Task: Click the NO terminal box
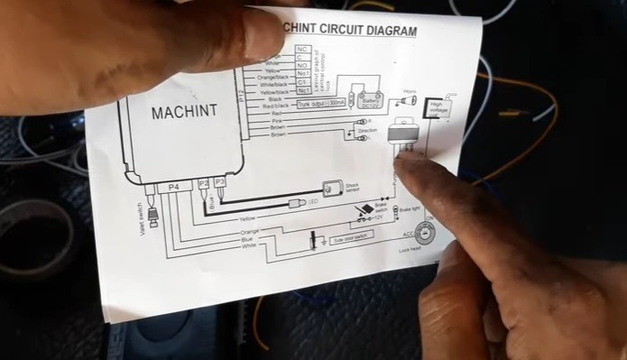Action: pos(303,65)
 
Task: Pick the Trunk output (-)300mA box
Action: pos(322,105)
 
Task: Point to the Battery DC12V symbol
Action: pos(367,101)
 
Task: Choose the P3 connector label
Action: pos(218,183)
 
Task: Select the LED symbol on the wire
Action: pos(296,204)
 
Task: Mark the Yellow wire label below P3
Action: pos(247,219)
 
